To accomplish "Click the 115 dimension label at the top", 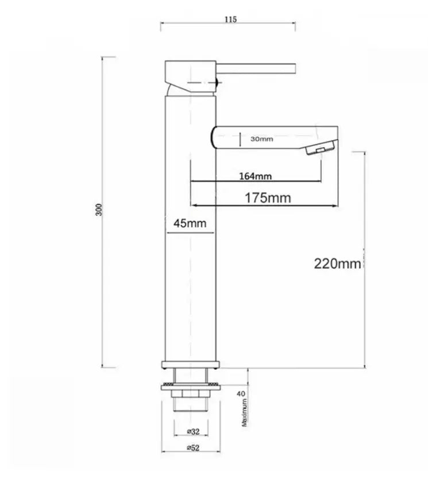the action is (x=230, y=20).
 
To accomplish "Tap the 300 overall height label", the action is (x=99, y=210).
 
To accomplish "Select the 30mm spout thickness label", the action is (x=262, y=139).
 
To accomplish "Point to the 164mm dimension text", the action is (x=256, y=176).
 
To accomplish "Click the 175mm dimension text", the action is (x=268, y=198).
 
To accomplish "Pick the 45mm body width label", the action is (x=190, y=223).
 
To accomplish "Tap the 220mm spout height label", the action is (x=338, y=264).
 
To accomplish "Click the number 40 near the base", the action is (x=241, y=394).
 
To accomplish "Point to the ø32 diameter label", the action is (x=194, y=431).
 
